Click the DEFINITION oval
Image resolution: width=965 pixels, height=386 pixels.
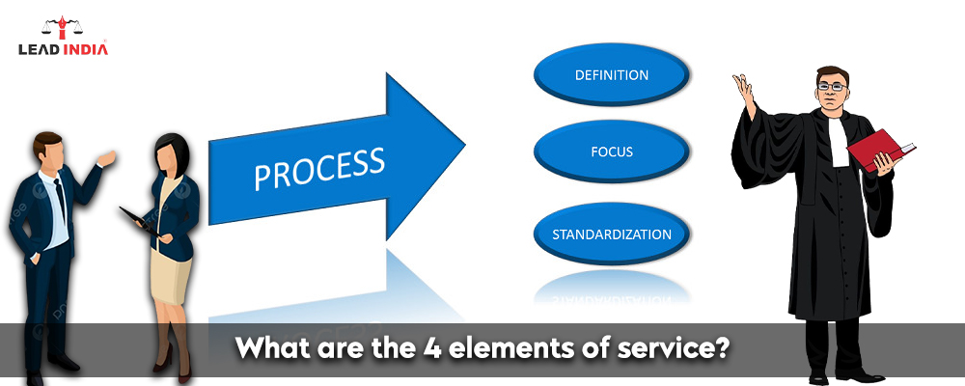(612, 75)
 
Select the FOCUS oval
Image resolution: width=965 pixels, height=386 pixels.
(612, 152)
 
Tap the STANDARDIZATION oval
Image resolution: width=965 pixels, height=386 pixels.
(612, 234)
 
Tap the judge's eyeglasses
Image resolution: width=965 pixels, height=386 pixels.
(829, 86)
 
